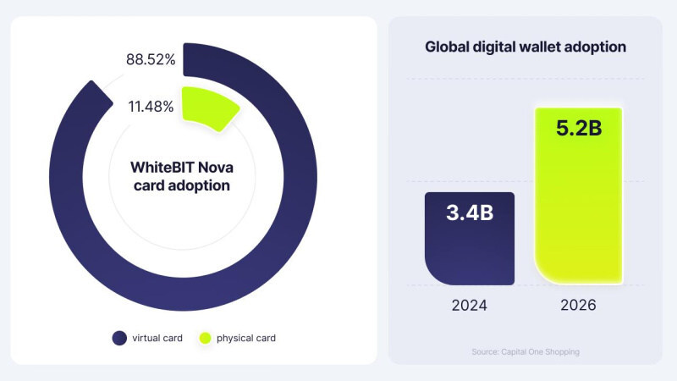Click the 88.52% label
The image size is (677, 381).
(x=151, y=60)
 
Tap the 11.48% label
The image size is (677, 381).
(x=151, y=107)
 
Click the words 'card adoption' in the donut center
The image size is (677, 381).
(x=182, y=185)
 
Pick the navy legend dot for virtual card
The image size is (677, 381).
(x=119, y=338)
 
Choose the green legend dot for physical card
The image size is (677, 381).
(x=204, y=338)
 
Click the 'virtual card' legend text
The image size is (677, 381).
(x=157, y=338)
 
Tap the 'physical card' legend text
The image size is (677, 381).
(x=246, y=338)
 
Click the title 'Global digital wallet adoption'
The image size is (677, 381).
(x=526, y=47)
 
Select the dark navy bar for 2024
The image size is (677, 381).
(x=469, y=246)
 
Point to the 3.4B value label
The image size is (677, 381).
(x=470, y=212)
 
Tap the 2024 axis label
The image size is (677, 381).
(x=469, y=305)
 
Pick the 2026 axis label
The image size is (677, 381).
(x=579, y=305)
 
